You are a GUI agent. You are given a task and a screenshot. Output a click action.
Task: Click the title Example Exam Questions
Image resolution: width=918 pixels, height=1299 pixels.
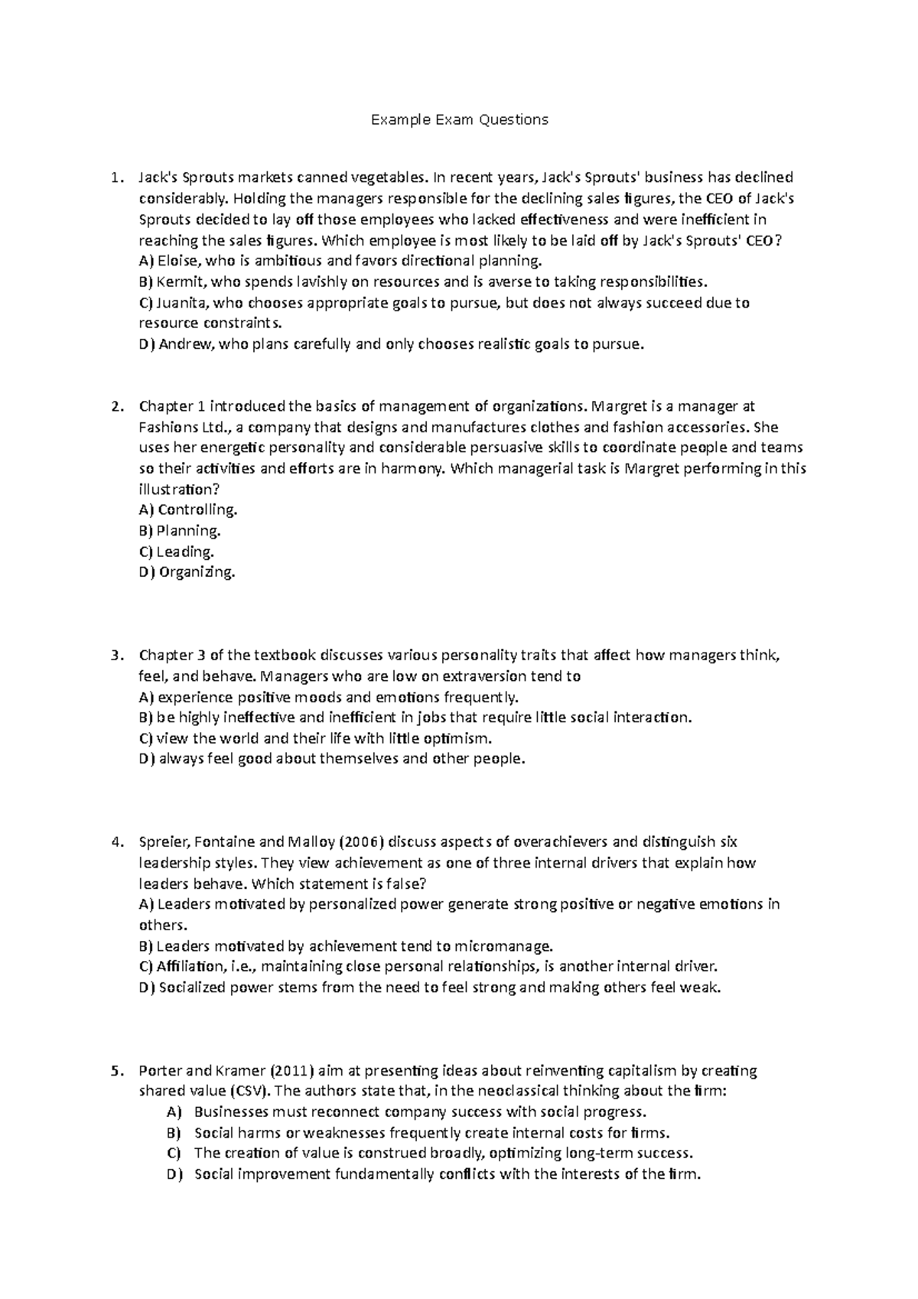pos(459,119)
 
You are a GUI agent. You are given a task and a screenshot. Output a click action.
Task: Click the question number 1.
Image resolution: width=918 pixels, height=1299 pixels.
pos(116,178)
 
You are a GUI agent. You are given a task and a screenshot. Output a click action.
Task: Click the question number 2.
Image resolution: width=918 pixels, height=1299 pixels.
pos(116,406)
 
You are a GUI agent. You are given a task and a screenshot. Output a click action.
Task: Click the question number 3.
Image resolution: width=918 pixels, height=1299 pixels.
pos(116,655)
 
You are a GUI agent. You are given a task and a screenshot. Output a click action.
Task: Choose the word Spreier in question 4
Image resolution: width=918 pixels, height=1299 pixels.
pos(163,842)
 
